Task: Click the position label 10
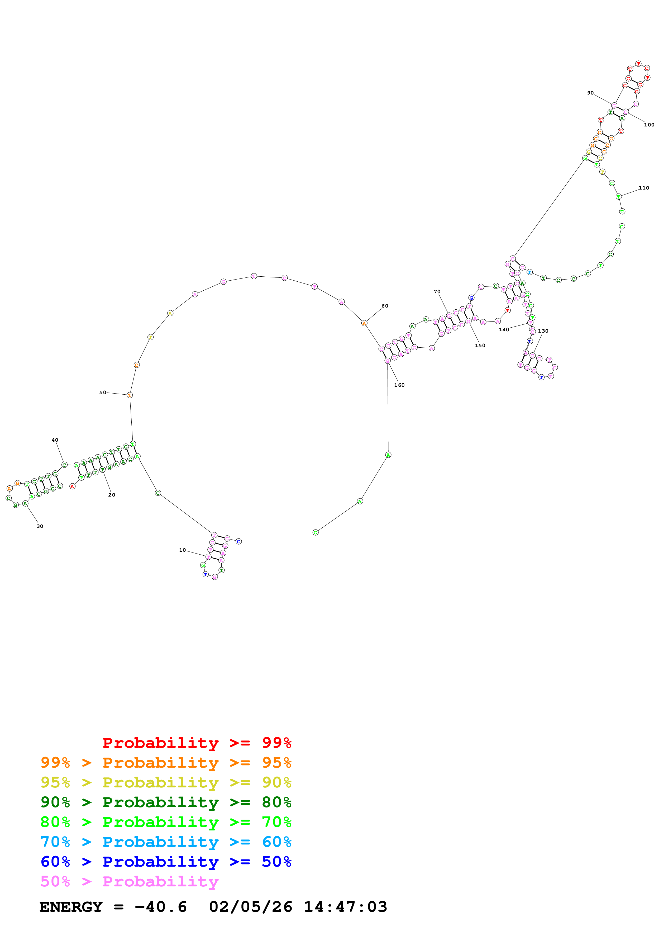pos(183,550)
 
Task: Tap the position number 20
pos(112,494)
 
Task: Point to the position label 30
pos(40,526)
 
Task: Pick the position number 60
pos(385,306)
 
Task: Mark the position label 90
pos(590,93)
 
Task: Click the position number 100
pos(648,125)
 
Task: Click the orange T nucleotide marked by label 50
pos(129,395)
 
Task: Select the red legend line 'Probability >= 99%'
pos(197,743)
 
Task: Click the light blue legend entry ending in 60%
pos(166,842)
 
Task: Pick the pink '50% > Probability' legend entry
pos(129,881)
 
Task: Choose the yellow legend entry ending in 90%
pos(166,782)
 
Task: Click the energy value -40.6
pos(160,907)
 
